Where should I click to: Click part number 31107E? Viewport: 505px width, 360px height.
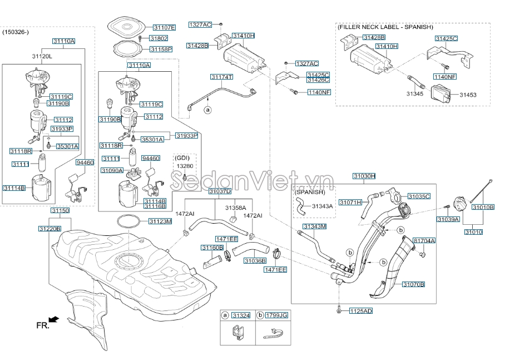[164, 27]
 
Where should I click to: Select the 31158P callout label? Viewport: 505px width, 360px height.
[161, 49]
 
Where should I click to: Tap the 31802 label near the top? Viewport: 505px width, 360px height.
[159, 38]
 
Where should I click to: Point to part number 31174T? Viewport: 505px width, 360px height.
[221, 76]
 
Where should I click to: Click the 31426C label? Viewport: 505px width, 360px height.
[318, 80]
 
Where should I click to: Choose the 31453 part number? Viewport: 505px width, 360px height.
[468, 95]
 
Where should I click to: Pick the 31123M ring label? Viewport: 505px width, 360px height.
[160, 221]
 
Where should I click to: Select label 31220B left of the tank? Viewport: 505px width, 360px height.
[49, 229]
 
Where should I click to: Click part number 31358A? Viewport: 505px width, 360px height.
[235, 208]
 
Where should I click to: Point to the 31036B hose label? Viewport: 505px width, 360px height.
[255, 260]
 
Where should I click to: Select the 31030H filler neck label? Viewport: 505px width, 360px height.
[364, 176]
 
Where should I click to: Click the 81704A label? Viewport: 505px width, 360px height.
[424, 240]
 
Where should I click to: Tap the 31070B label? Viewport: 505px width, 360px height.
[414, 284]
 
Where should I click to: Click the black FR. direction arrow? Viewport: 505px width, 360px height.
[53, 319]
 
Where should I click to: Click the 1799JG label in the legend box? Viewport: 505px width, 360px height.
[277, 315]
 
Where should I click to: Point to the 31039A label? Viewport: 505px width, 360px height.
[449, 219]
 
